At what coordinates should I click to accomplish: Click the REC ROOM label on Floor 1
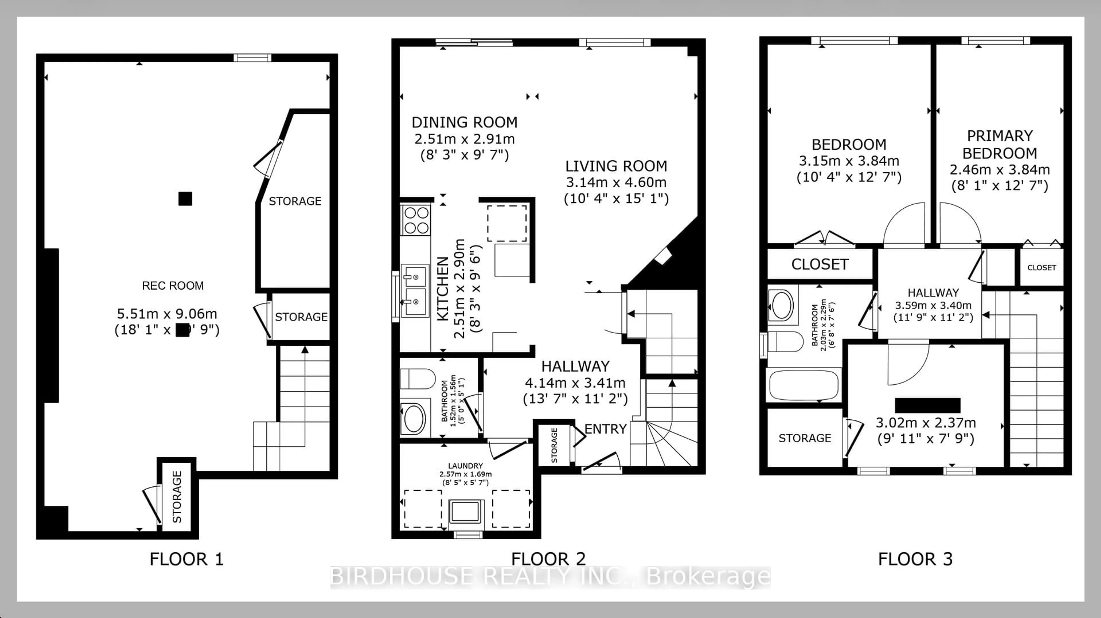pos(173,285)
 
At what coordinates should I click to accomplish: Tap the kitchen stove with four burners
pos(416,220)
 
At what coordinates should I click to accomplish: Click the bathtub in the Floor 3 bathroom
pos(803,385)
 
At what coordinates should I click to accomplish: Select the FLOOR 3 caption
pos(915,559)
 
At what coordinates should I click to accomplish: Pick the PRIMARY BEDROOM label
pos(1000,144)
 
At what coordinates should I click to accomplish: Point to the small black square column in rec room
pos(185,199)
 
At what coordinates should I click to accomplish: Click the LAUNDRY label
pos(465,466)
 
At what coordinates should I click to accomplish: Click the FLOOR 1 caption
pos(186,559)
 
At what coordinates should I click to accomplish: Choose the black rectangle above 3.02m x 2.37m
pos(928,405)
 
